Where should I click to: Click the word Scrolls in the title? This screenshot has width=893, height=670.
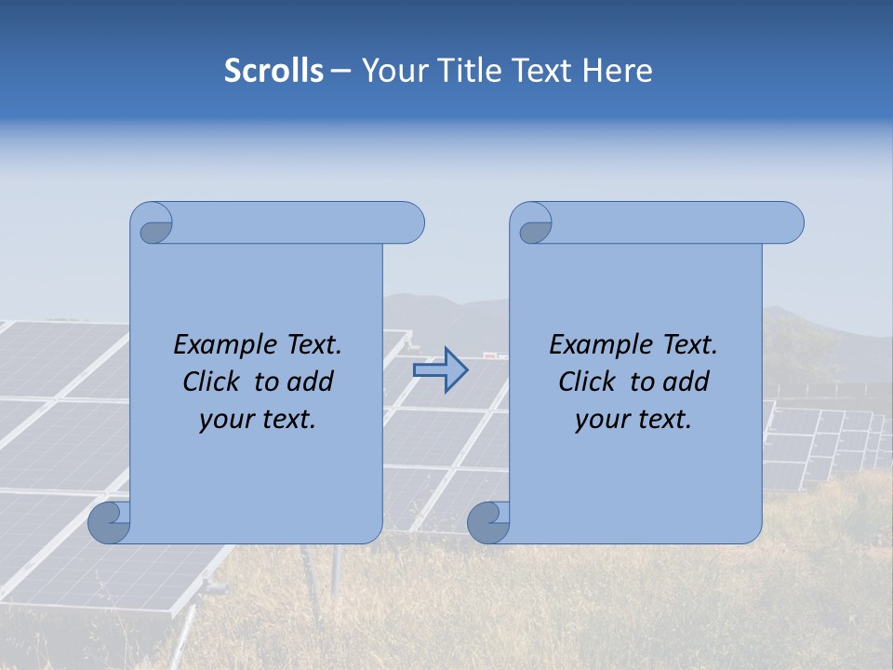coord(273,71)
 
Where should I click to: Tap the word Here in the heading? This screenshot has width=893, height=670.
coord(618,71)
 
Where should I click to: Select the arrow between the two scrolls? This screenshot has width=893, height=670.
coord(440,370)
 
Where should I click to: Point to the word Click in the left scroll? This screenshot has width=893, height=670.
coord(212,382)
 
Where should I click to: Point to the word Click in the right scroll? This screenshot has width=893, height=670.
coord(588,382)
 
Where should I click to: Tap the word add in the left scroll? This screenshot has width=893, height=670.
coord(310,382)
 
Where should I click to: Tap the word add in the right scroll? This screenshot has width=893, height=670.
coord(686,382)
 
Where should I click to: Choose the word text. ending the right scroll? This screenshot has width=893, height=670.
coord(664,420)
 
